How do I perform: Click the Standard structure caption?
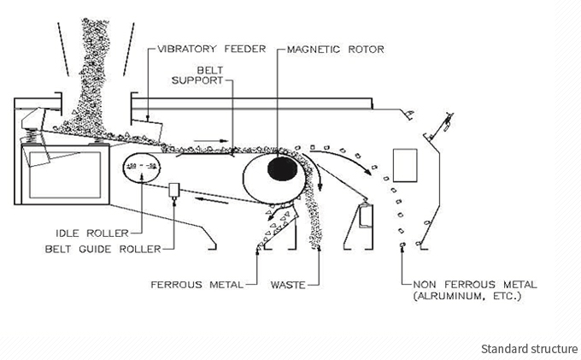[529, 349]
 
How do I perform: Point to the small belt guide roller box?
[174, 190]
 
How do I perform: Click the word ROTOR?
[366, 50]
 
